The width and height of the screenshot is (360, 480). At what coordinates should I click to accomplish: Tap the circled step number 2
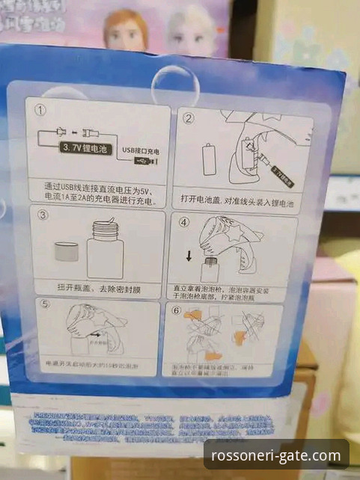pyautogui.click(x=189, y=118)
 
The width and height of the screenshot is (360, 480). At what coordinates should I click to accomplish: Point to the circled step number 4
pyautogui.click(x=184, y=223)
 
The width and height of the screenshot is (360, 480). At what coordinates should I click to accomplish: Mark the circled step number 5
pyautogui.click(x=45, y=304)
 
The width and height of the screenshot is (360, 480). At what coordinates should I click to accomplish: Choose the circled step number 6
pyautogui.click(x=177, y=310)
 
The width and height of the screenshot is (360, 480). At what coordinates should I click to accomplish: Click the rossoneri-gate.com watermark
pyautogui.click(x=275, y=455)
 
